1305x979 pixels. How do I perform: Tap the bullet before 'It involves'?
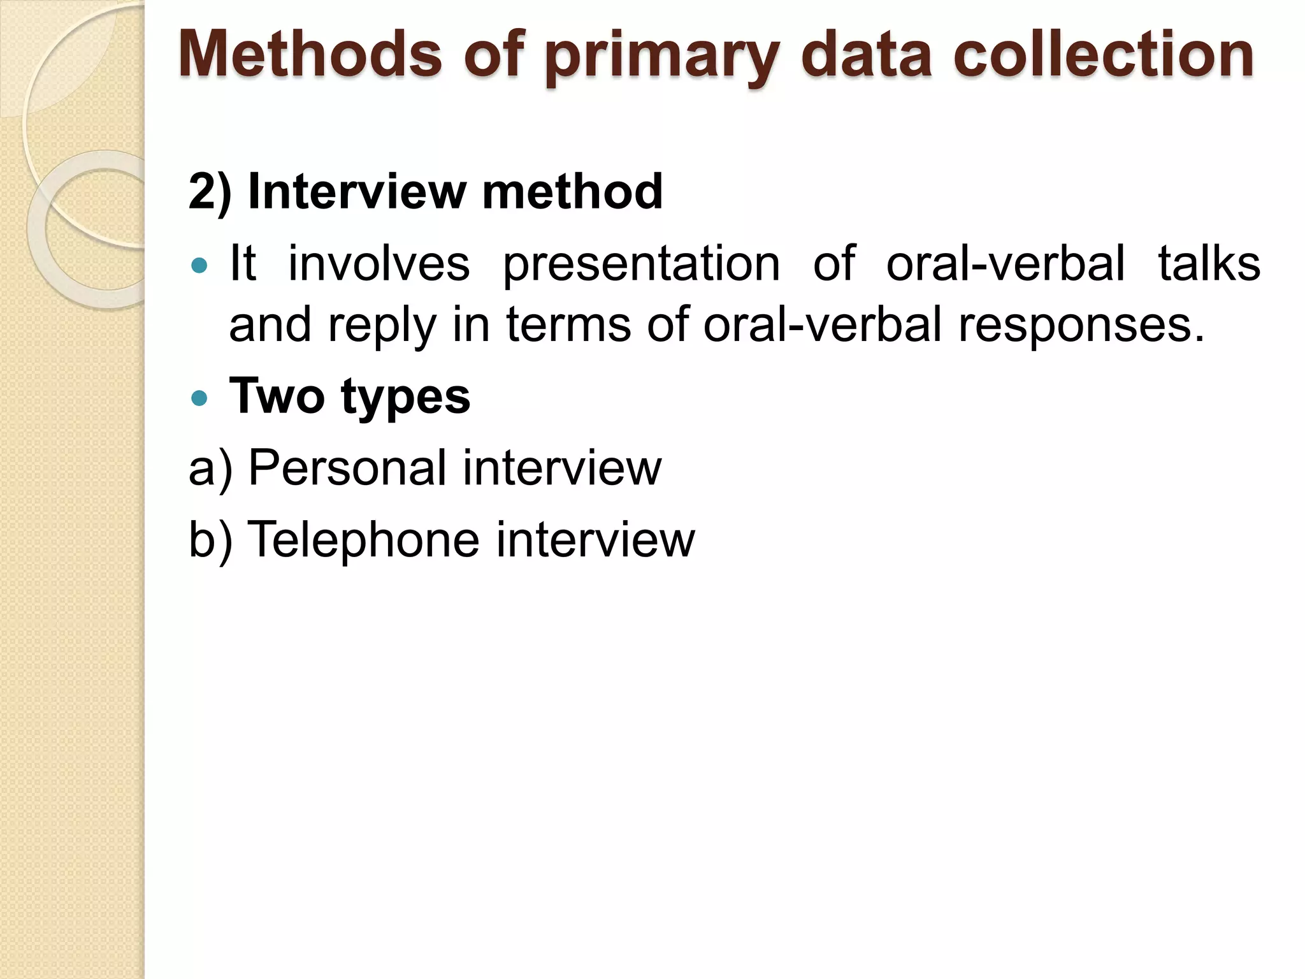199,265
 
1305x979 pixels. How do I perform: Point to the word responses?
1081,325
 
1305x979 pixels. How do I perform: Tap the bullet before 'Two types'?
199,398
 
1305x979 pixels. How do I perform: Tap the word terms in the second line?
568,325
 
